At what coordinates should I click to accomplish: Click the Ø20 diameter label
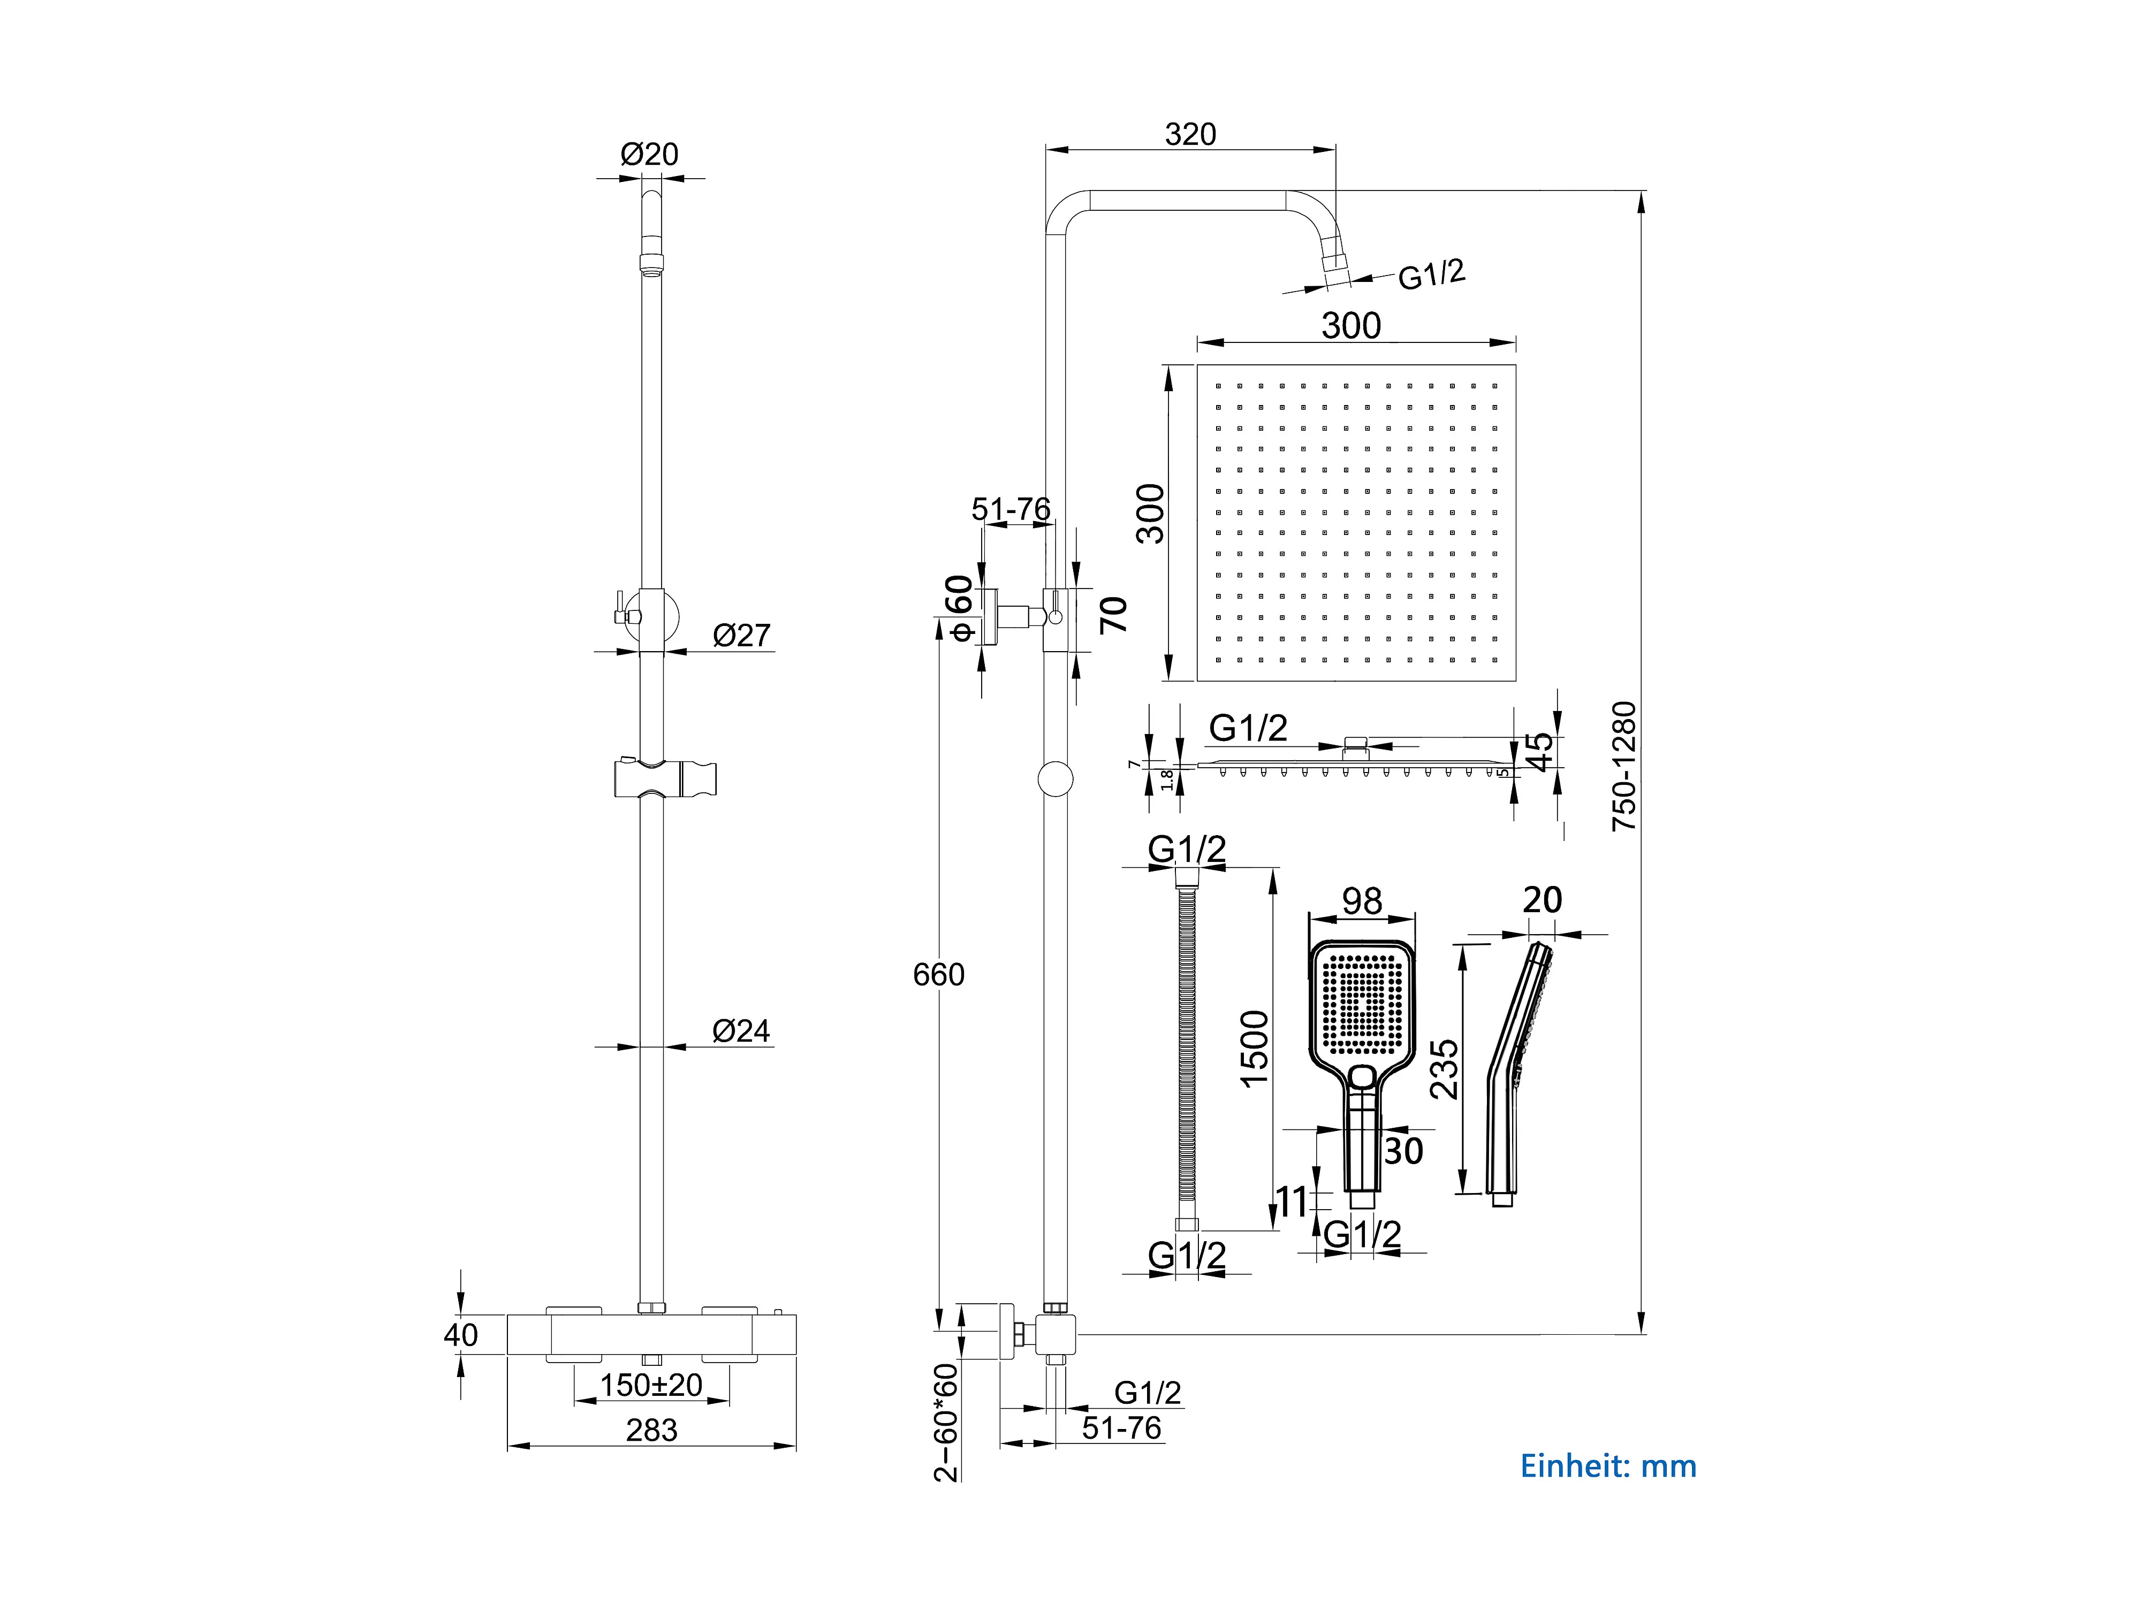pyautogui.click(x=649, y=154)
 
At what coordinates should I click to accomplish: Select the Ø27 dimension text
pyautogui.click(x=741, y=636)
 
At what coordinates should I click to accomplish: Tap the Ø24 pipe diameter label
pyautogui.click(x=741, y=1031)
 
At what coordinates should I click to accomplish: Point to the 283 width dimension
pyautogui.click(x=651, y=1430)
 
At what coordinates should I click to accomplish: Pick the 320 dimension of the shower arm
pyautogui.click(x=1190, y=134)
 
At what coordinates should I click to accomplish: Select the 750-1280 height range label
pyautogui.click(x=1624, y=766)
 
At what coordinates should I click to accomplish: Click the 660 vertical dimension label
pyautogui.click(x=939, y=974)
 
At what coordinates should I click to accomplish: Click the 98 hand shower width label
pyautogui.click(x=1362, y=901)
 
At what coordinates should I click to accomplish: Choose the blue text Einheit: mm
pyautogui.click(x=1608, y=1466)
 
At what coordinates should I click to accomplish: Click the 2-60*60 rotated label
pyautogui.click(x=946, y=1422)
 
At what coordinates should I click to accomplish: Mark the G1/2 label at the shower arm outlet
pyautogui.click(x=1432, y=275)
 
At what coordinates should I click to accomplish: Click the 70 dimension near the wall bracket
pyautogui.click(x=1114, y=614)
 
